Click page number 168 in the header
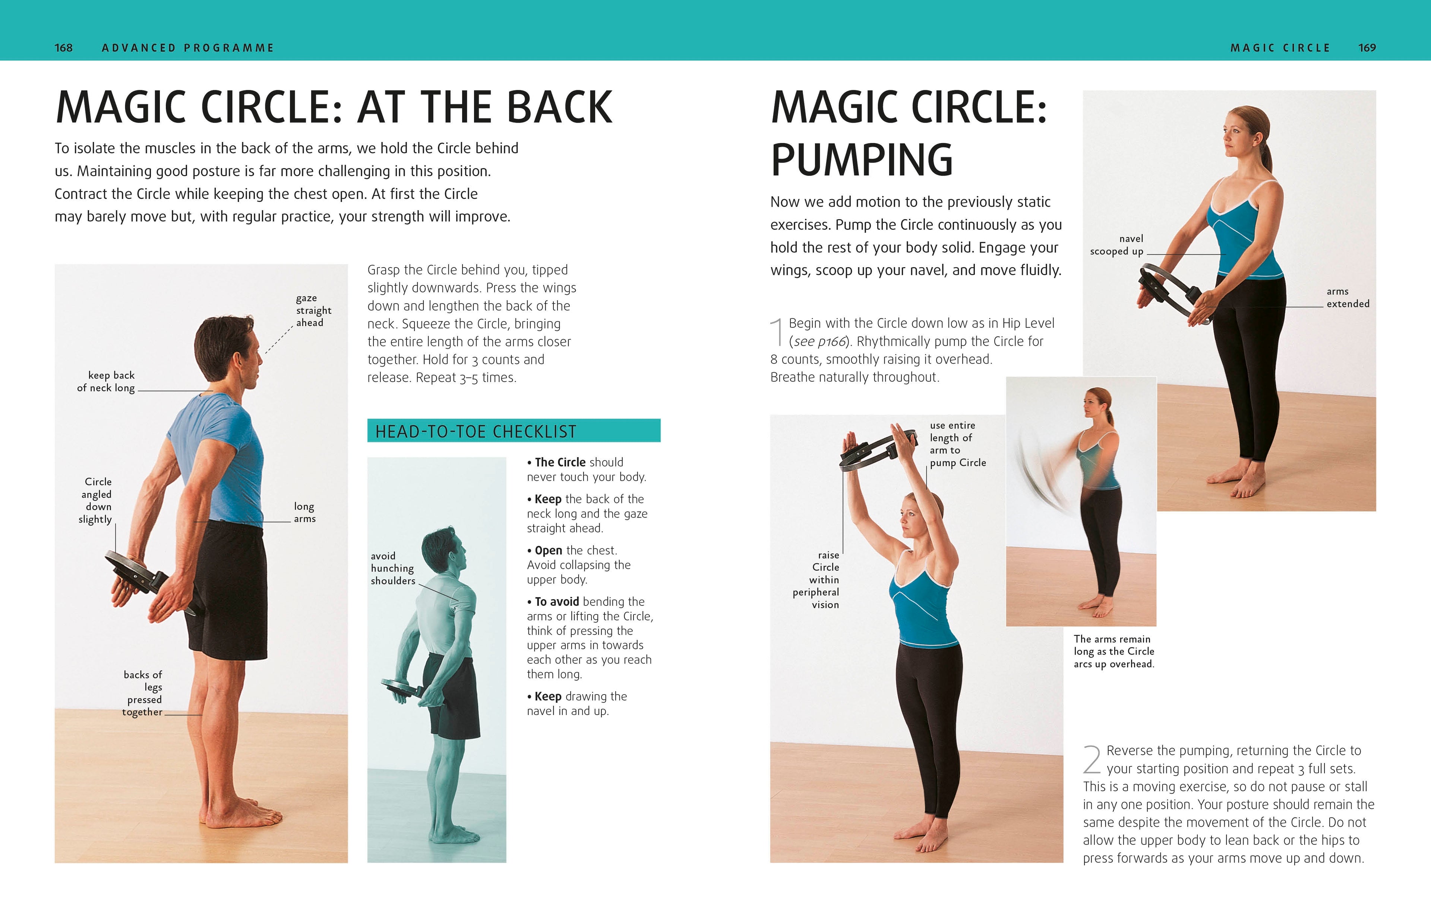coord(64,48)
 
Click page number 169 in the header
coord(1367,48)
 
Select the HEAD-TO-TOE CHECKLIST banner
coord(514,431)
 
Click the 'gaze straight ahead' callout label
coord(313,310)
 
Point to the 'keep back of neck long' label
coord(107,382)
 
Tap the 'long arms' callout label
coord(304,512)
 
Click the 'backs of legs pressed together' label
coord(143,693)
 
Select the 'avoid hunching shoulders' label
coord(392,568)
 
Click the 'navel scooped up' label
coord(1117,245)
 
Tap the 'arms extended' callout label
coord(1347,297)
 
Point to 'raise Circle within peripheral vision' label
coord(817,579)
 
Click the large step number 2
coord(1092,759)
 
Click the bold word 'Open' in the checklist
coord(548,550)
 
